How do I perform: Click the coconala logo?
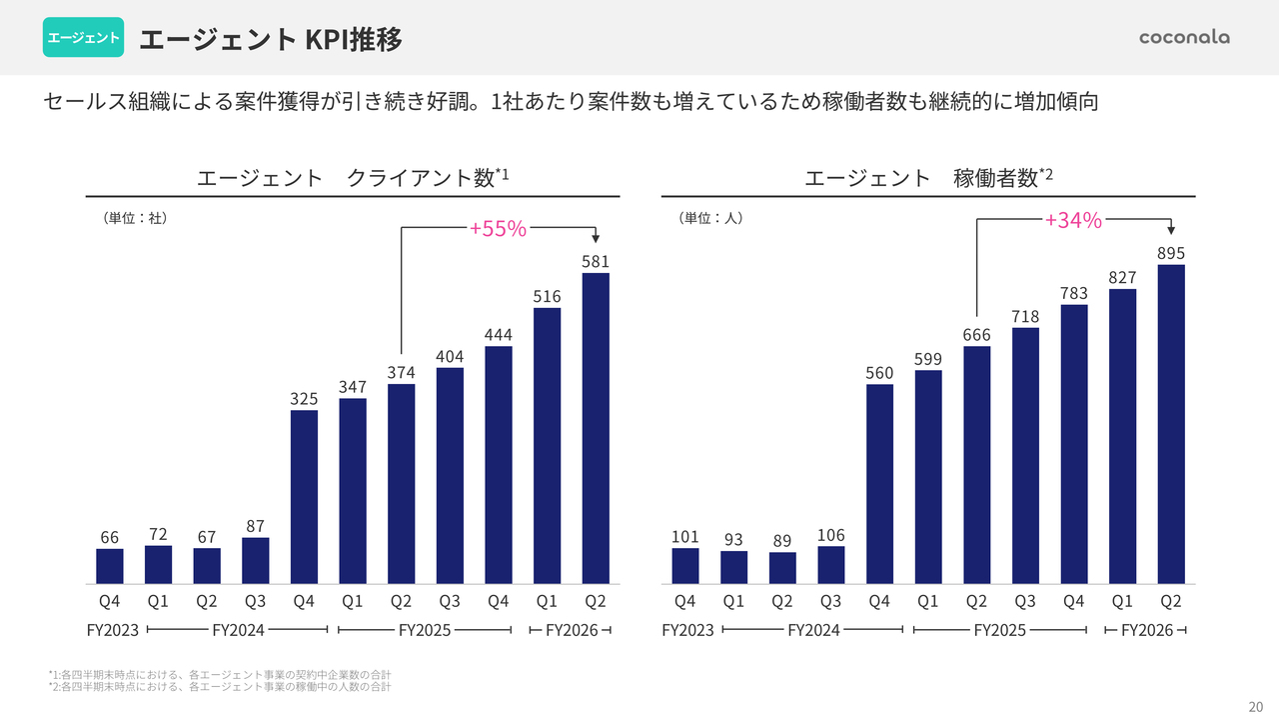(1184, 38)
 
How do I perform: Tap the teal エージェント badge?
(83, 38)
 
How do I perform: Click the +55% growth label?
(498, 229)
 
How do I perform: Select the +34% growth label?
(1073, 221)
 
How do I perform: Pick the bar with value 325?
(304, 497)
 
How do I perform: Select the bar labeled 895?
(1171, 424)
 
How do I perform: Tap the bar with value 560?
(879, 484)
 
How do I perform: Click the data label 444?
(498, 334)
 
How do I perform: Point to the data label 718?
(1025, 316)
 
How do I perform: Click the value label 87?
(255, 526)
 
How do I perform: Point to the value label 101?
(685, 537)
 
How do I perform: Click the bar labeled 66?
(110, 566)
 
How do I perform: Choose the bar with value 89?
(782, 568)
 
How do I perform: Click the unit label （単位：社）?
(134, 217)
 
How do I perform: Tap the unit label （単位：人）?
(710, 217)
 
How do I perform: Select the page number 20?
(1256, 703)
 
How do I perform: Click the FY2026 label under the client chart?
(572, 631)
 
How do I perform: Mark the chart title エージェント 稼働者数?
(928, 178)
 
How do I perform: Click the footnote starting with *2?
(219, 687)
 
